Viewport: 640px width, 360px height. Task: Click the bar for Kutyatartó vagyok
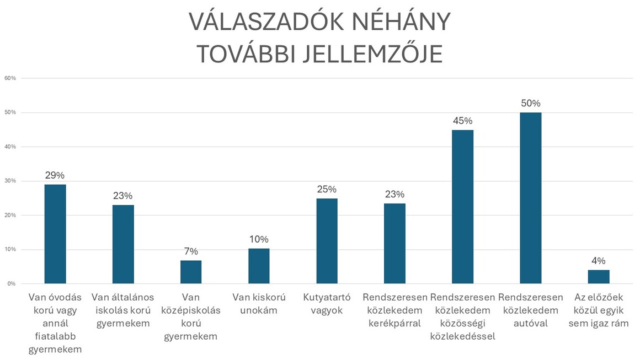(x=327, y=241)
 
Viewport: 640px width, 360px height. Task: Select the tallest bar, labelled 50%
(x=531, y=198)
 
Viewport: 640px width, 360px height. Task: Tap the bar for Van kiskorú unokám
(x=259, y=266)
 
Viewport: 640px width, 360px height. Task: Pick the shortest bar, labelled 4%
(x=599, y=277)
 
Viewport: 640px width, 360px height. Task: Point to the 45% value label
(x=462, y=121)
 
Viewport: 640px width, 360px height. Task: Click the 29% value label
(x=55, y=175)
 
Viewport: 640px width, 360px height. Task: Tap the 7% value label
(x=190, y=251)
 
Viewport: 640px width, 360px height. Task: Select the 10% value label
(x=259, y=239)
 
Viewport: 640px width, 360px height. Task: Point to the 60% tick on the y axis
(x=10, y=78)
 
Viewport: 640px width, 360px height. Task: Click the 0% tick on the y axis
(x=12, y=283)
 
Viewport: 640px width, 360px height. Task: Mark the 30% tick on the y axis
(x=10, y=181)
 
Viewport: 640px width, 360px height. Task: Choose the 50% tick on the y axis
(x=10, y=112)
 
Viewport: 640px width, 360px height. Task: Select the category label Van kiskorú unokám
(x=259, y=304)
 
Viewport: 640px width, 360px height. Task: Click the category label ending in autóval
(x=531, y=310)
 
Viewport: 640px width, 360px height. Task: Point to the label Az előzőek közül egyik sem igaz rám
(x=599, y=310)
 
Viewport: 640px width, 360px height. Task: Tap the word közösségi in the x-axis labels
(x=463, y=324)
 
